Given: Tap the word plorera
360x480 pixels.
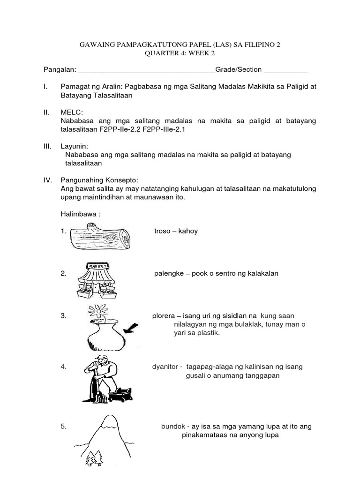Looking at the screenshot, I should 164,316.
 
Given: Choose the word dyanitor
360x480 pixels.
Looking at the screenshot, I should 166,367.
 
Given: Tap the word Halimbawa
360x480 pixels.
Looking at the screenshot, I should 78,214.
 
